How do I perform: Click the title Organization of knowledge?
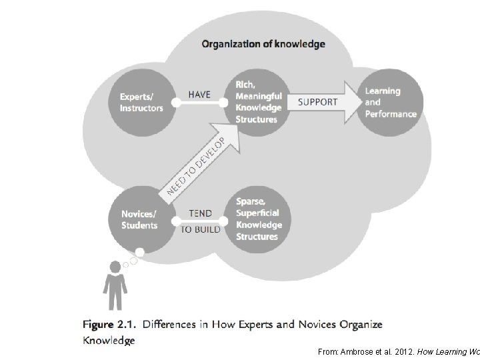point(263,45)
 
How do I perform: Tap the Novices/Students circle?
point(139,219)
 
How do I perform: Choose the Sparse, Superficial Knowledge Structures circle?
point(258,219)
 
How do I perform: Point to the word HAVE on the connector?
point(199,94)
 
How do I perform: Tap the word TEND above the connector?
point(200,213)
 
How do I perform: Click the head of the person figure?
point(115,267)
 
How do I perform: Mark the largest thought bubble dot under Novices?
point(139,253)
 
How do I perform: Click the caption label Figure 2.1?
point(107,325)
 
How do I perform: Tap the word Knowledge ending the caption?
point(109,340)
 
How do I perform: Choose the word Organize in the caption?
point(360,325)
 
